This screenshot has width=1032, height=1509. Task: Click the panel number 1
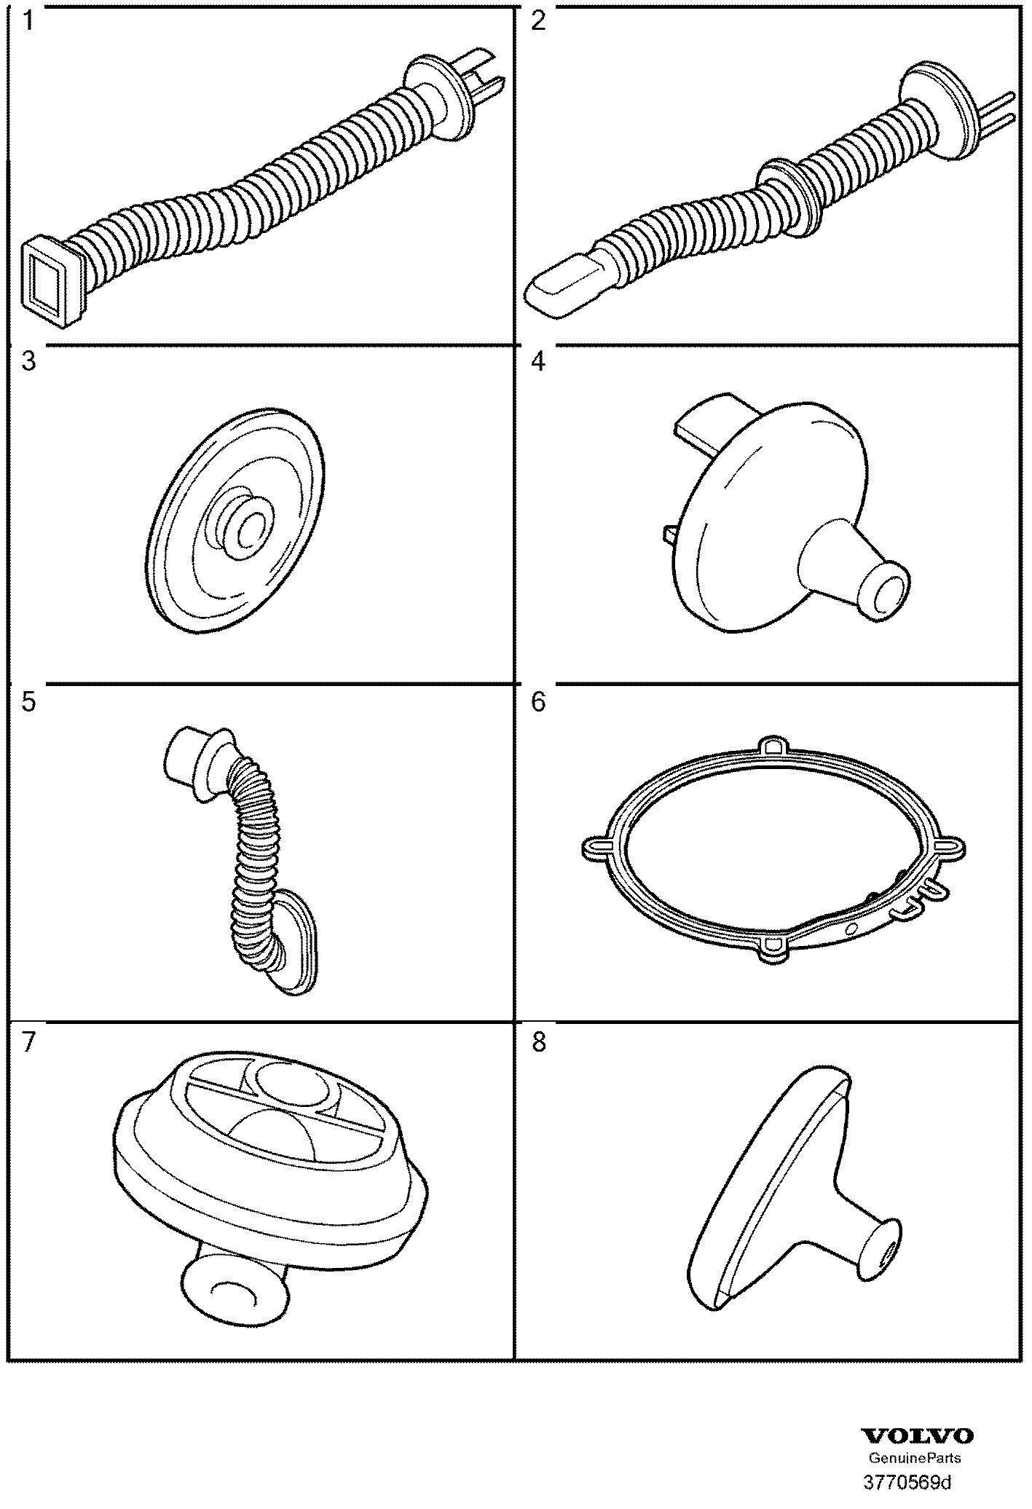[28, 22]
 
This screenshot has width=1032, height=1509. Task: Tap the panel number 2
[538, 22]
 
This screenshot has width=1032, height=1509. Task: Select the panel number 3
[28, 362]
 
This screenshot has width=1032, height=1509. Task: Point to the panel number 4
[538, 362]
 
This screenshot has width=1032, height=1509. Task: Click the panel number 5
[28, 703]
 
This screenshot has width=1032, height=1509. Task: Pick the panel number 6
[538, 703]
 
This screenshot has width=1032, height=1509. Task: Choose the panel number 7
[28, 1043]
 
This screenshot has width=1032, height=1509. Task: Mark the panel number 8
[538, 1043]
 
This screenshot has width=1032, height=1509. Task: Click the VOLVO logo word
[918, 1436]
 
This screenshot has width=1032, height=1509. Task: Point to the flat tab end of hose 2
[557, 291]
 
